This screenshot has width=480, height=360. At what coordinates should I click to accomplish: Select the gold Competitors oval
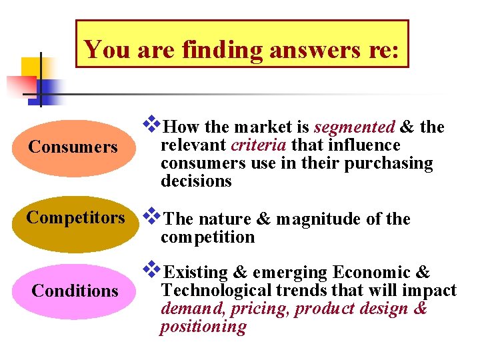tap(75, 218)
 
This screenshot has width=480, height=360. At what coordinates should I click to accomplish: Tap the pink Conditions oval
tap(75, 291)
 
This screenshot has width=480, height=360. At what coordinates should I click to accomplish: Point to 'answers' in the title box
tap(311, 49)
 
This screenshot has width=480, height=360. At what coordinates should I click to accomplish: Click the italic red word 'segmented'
tap(354, 127)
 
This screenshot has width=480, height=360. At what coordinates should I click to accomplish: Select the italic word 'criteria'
tap(259, 145)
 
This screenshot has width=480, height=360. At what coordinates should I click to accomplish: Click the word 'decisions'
tap(196, 181)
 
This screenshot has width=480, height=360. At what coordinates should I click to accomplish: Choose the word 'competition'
tap(207, 237)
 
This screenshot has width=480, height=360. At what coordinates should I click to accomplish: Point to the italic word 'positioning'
tap(203, 327)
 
